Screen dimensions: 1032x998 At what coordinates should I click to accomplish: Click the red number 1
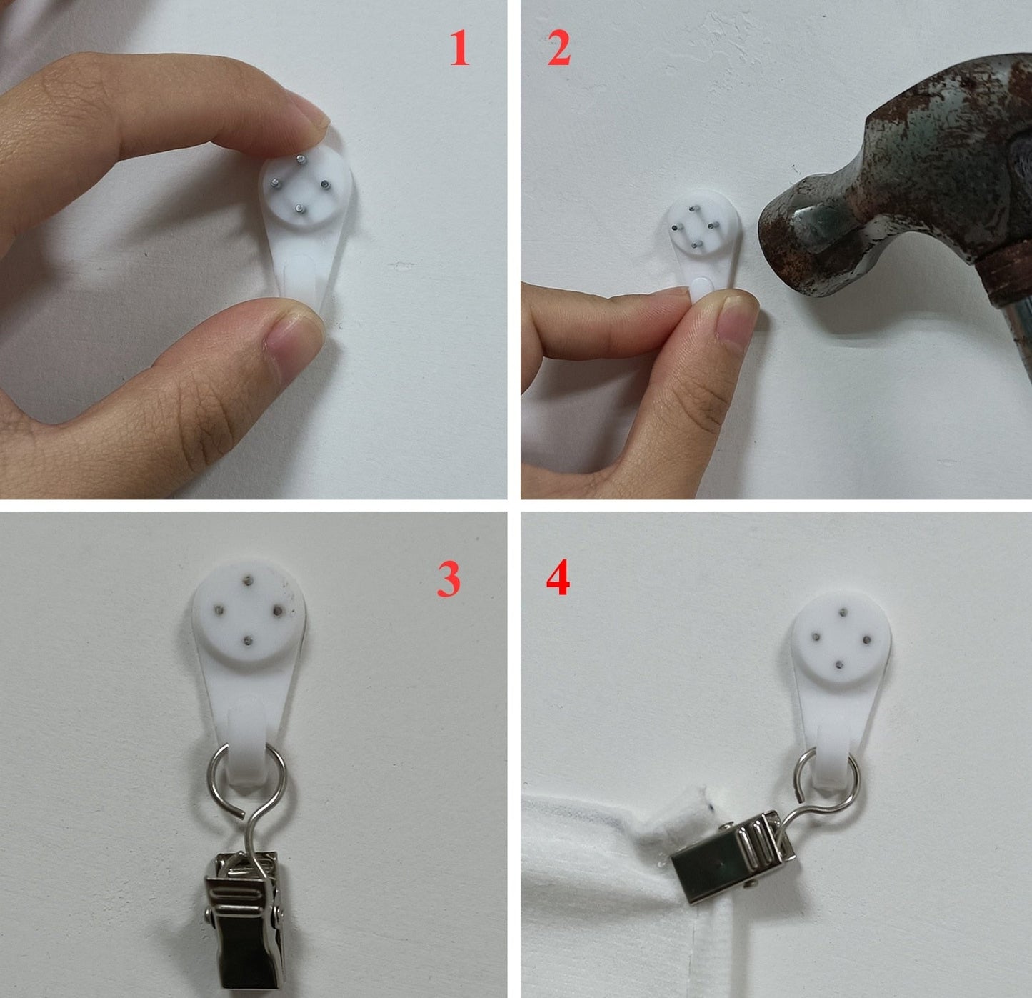point(460,49)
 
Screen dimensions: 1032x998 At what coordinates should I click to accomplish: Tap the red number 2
point(559,48)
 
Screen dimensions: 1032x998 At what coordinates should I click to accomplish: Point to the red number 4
point(558,577)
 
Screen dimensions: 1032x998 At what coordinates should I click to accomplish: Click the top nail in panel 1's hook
point(301,159)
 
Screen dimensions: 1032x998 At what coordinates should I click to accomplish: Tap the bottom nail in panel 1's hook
point(299,209)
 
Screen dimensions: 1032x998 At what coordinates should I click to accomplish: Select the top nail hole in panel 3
point(248,581)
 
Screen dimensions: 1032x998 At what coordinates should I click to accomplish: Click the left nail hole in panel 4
point(817,637)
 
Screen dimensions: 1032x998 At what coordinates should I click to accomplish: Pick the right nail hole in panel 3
point(277,612)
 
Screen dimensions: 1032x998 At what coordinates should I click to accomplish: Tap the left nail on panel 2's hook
point(675,228)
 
